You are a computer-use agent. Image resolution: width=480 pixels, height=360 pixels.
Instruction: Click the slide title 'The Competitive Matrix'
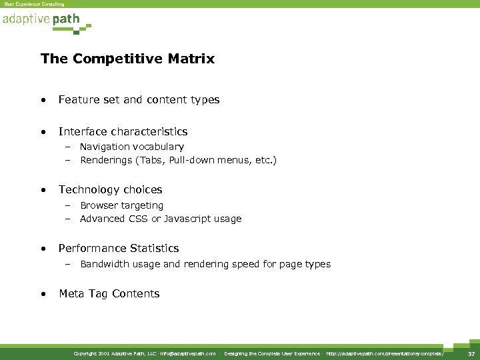coord(127,59)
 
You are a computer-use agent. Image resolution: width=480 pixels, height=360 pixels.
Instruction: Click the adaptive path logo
coord(44,20)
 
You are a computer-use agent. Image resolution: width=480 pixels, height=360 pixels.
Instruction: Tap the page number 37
coord(471,353)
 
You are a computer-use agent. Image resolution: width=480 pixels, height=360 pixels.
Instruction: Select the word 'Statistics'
coord(155,249)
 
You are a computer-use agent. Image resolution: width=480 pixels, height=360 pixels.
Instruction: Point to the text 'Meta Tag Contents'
coord(109,294)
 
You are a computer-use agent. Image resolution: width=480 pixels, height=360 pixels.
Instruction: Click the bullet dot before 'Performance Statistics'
coord(43,249)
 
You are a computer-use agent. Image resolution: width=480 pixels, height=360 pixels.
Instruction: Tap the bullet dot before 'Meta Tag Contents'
coord(43,294)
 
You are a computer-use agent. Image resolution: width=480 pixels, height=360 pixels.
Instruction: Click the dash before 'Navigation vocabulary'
coord(67,147)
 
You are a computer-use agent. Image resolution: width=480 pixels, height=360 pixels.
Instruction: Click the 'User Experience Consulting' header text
coord(35,4)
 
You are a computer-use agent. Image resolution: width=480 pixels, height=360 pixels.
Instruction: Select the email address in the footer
coord(188,353)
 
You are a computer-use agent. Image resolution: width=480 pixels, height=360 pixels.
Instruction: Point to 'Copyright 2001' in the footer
coord(91,353)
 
